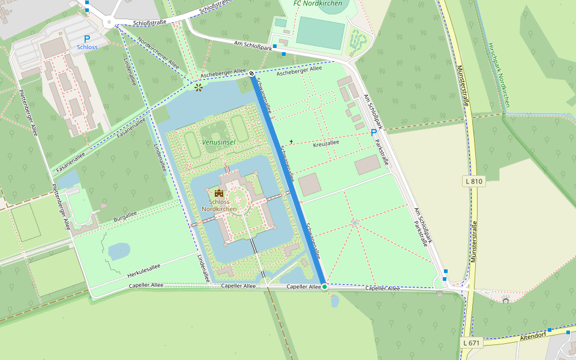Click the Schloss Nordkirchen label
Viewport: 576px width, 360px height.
click(219, 205)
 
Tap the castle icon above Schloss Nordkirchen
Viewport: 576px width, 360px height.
click(218, 193)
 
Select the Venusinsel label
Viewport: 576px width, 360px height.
click(218, 142)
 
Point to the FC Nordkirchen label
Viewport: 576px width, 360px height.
click(319, 4)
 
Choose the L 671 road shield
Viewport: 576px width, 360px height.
click(472, 343)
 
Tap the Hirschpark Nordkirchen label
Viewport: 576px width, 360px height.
click(499, 75)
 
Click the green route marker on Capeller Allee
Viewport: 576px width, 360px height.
click(325, 287)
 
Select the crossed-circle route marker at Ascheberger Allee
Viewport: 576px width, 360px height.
click(251, 74)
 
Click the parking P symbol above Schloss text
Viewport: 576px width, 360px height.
click(87, 38)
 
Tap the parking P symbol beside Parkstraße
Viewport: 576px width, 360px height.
click(374, 133)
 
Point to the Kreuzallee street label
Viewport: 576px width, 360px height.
click(326, 144)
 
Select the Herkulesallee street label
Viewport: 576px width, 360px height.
click(144, 271)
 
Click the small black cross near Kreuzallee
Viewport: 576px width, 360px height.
click(292, 142)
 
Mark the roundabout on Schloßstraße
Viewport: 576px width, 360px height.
click(109, 23)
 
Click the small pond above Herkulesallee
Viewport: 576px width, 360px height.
click(119, 250)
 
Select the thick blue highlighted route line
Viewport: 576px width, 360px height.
click(288, 180)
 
